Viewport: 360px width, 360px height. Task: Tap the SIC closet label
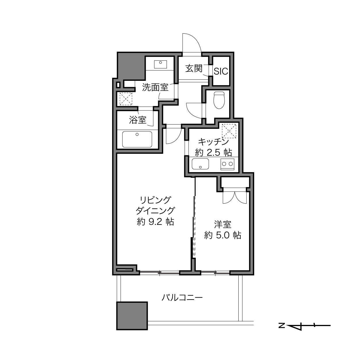coord(221,71)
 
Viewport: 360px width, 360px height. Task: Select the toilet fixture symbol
coord(219,100)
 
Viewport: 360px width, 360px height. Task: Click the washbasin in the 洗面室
coord(160,64)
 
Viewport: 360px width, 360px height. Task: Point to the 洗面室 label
coord(156,87)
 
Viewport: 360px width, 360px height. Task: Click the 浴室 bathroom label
coord(138,120)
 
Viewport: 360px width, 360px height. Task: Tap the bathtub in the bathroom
coord(137,139)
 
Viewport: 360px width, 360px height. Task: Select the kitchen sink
coord(200,164)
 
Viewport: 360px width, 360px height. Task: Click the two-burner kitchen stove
coord(227,164)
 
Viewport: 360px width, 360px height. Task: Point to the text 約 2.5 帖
coord(213,153)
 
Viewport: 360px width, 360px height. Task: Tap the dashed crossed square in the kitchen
coord(229,131)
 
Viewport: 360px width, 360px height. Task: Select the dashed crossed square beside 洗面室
coord(126,99)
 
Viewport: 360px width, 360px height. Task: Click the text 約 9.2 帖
coord(156,222)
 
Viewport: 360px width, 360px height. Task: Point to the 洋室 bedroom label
coord(223,225)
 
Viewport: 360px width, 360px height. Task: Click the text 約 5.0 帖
coord(223,235)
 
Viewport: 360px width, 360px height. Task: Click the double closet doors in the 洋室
coord(235,198)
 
